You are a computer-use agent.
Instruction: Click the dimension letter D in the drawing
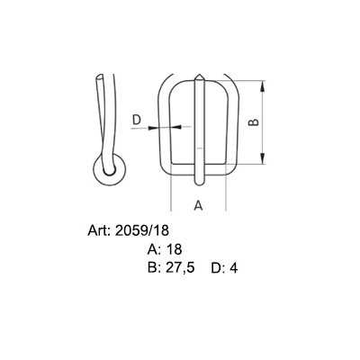pos(137,119)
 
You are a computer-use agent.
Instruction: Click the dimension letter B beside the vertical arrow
pos(253,123)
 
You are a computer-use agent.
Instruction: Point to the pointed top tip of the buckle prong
pos(197,75)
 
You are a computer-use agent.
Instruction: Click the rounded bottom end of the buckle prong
pos(198,177)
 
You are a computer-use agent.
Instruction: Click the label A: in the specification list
pos(153,249)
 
